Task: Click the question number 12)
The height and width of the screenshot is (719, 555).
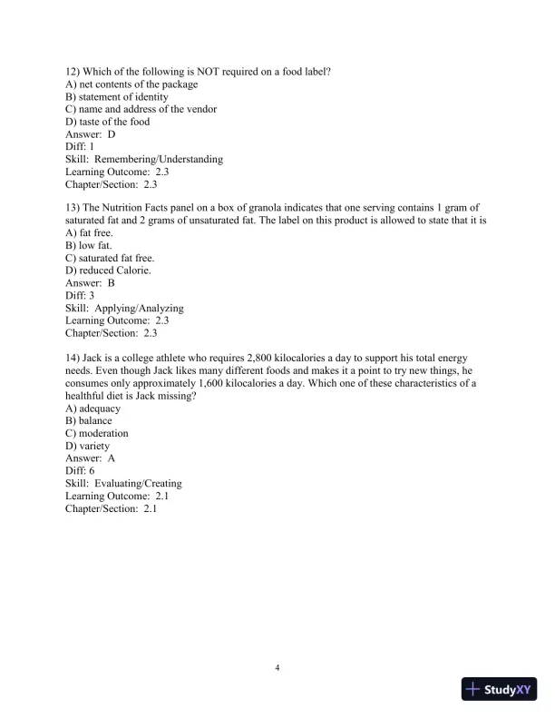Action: [73, 72]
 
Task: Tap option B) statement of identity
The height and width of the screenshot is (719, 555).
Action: [116, 97]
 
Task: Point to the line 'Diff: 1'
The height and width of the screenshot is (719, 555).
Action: [80, 146]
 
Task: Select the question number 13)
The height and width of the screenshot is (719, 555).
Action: [73, 208]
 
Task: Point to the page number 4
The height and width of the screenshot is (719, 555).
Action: [277, 668]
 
